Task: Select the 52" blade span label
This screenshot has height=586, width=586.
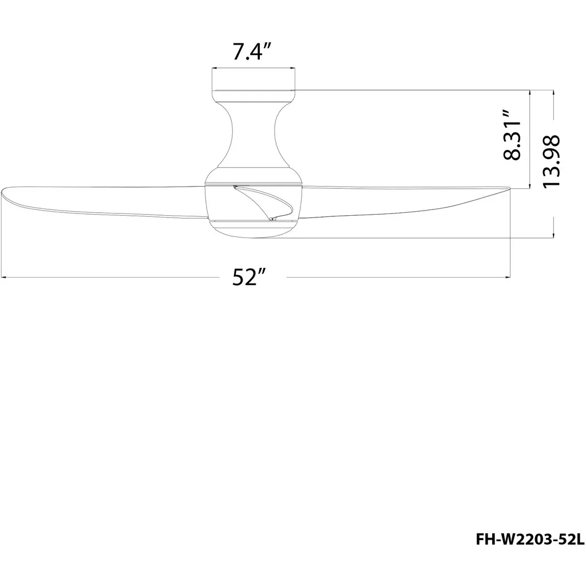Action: click(x=250, y=277)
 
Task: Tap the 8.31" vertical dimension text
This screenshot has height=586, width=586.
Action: click(x=511, y=135)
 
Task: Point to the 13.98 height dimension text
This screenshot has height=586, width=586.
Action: click(x=551, y=161)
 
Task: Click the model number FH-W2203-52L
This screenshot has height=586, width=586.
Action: click(x=529, y=539)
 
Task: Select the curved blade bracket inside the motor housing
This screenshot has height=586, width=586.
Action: click(x=262, y=202)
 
